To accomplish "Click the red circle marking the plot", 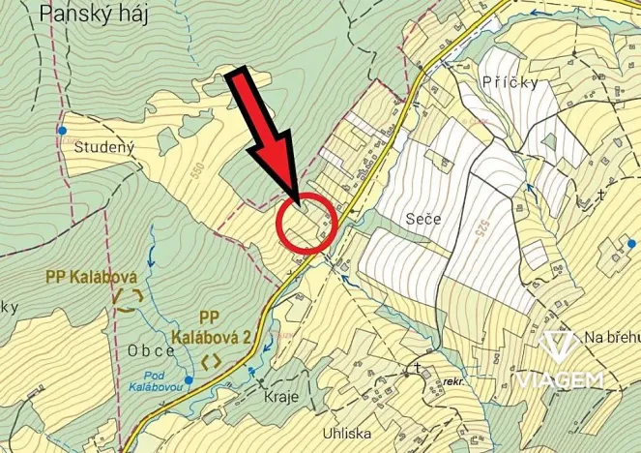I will (306, 224).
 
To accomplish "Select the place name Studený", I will (102, 148).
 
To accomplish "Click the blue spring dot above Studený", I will (62, 129).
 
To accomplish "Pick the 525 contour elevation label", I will (481, 229).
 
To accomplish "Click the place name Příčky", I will (509, 83).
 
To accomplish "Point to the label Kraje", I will (281, 397).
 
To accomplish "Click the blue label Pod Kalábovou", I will (155, 380).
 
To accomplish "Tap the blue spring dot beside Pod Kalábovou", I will (189, 380).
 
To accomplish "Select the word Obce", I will (151, 349).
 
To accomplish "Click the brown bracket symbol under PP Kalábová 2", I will (212, 361).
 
